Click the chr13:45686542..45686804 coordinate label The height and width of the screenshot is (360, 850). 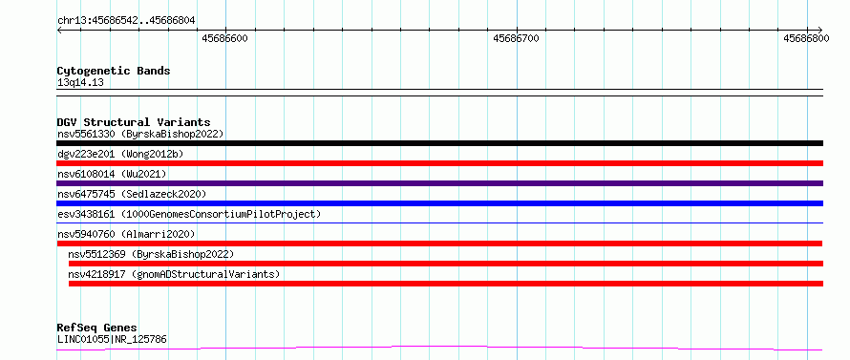(x=126, y=21)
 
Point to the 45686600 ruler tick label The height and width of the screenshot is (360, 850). (x=225, y=38)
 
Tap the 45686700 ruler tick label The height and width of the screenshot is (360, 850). (x=516, y=38)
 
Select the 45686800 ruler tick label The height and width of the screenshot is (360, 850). (x=806, y=38)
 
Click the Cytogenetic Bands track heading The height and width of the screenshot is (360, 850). (x=114, y=71)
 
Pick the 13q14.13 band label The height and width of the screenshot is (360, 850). (x=80, y=83)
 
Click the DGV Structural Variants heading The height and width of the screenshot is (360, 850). (x=134, y=122)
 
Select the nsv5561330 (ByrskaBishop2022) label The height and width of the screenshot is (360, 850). (x=140, y=134)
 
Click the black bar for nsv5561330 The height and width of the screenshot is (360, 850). (x=439, y=143)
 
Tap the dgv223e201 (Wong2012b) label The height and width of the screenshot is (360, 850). (x=120, y=154)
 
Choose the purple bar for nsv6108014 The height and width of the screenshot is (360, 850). (x=439, y=183)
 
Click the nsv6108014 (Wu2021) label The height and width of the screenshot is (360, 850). (x=112, y=174)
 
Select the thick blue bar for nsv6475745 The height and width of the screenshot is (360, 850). (x=439, y=203)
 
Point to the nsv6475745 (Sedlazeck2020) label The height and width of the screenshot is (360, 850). (x=132, y=194)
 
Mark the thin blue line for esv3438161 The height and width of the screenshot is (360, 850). (x=439, y=222)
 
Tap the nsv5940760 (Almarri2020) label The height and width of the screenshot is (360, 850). (x=126, y=234)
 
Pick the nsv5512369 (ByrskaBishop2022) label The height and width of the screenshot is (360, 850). (x=151, y=254)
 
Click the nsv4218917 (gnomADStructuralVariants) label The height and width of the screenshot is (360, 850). (x=174, y=274)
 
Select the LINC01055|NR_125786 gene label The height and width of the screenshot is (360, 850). (x=112, y=340)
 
